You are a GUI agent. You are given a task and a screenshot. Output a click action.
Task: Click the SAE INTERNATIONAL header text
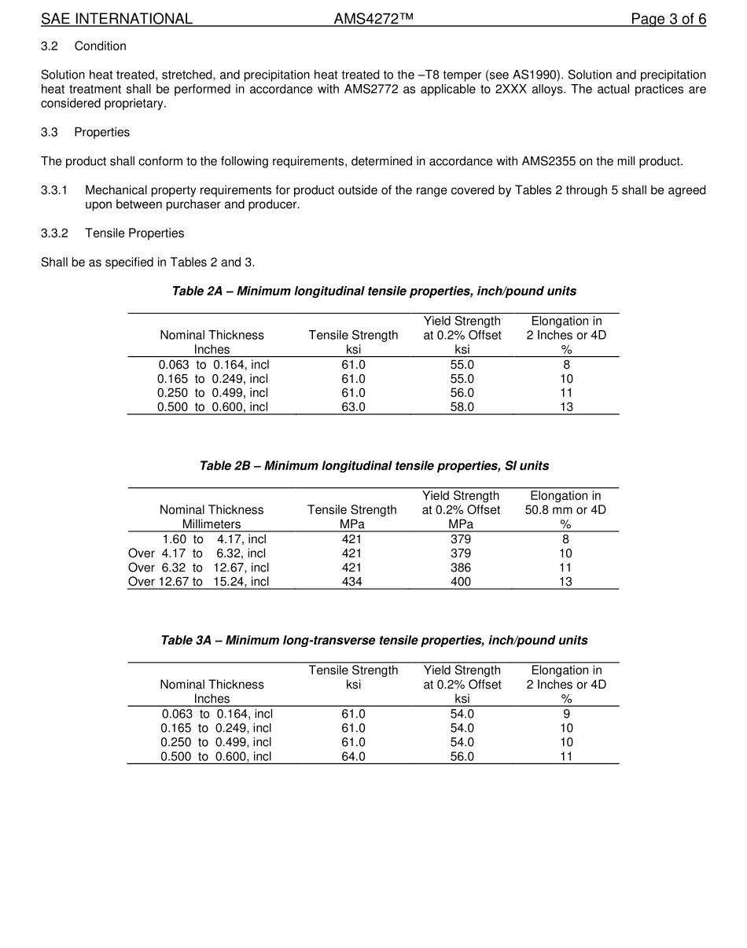116,19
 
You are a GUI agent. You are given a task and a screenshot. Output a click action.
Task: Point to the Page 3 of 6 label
668,19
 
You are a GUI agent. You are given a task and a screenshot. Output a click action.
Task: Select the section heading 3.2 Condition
83,46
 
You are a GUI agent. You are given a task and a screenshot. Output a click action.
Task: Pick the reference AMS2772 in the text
372,89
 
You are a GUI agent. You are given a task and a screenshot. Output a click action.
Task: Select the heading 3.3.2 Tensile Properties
112,233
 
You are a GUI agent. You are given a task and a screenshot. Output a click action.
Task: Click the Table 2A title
373,291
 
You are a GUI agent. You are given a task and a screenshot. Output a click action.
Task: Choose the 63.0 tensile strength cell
353,407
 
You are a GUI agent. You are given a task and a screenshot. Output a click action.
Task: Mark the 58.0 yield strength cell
462,407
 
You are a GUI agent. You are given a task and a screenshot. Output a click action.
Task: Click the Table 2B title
373,465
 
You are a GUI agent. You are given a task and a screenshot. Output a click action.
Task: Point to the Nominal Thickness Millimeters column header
212,516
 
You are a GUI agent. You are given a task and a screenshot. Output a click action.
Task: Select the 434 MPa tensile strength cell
351,582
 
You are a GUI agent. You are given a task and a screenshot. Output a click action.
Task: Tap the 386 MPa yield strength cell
461,568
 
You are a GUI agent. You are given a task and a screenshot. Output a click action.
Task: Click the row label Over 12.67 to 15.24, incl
198,582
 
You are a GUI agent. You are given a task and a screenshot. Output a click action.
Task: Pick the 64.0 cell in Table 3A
353,756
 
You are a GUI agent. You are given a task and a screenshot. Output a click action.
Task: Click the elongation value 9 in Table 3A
566,714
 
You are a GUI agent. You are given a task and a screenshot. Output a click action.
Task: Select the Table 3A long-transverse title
373,640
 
